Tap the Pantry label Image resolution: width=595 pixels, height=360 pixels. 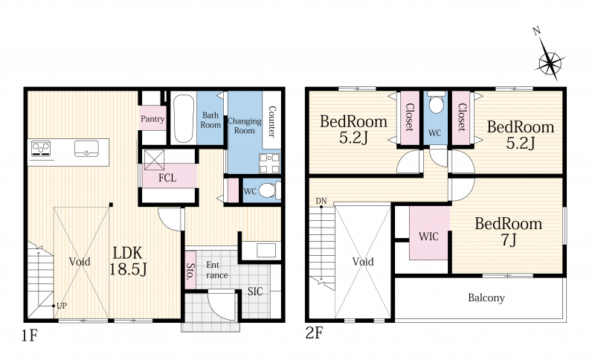[152, 119]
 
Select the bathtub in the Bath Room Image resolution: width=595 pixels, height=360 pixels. [183, 118]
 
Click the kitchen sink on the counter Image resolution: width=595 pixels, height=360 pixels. [86, 148]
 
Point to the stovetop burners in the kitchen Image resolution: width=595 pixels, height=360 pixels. [41, 148]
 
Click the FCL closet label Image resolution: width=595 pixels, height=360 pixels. [167, 178]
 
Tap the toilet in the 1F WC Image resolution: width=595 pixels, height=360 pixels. [271, 190]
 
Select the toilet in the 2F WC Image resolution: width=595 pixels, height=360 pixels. [436, 103]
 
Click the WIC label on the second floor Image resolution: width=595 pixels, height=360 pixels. [429, 237]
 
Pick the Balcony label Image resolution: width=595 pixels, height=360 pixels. [486, 298]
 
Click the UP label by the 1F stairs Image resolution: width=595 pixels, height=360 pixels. [62, 306]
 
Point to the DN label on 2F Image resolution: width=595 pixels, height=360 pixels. [321, 201]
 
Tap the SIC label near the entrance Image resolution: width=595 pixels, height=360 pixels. [255, 292]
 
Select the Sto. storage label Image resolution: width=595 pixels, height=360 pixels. [190, 271]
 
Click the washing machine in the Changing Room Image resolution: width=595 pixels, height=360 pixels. [270, 163]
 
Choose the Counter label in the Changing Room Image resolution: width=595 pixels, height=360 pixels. [271, 121]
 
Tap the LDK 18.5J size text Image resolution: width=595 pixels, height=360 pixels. [128, 261]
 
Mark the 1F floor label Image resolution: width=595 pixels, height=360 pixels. [29, 335]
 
